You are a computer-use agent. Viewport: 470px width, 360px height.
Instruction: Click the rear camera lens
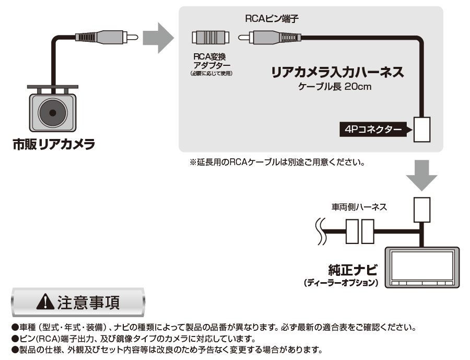53,112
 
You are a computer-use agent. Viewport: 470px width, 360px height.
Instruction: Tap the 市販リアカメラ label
54,144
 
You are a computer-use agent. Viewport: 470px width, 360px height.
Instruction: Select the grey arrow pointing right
157,38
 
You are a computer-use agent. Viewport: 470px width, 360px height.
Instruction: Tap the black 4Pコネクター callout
372,129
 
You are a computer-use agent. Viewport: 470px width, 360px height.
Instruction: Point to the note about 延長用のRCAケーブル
276,162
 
